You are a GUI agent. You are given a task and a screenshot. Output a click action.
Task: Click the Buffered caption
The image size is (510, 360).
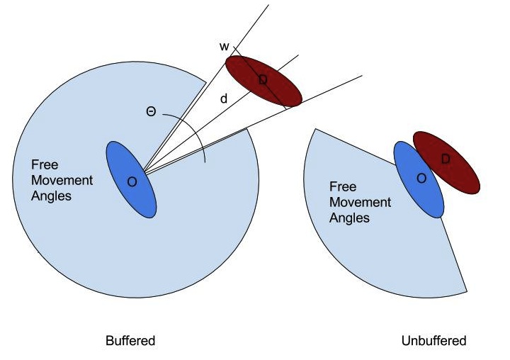130,341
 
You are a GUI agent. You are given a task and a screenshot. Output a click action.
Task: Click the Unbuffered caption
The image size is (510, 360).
433,341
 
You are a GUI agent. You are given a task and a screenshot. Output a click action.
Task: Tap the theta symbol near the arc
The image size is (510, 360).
151,112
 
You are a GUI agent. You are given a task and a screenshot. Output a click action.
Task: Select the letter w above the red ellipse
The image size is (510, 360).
224,47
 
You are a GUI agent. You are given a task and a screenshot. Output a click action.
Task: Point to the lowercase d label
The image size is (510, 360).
224,100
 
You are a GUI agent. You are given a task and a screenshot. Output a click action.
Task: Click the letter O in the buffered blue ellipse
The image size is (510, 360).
132,182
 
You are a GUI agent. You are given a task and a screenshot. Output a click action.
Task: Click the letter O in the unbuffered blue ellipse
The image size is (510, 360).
421,179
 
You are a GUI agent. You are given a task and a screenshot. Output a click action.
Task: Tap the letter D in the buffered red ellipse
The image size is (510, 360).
263,81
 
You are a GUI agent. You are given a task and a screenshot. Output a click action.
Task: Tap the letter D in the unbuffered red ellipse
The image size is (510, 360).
446,159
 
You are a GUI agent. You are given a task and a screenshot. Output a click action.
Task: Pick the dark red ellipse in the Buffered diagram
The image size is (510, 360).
263,81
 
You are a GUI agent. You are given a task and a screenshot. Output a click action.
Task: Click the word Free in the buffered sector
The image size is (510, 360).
44,165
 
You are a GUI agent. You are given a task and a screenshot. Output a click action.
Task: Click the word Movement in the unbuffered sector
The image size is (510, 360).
361,203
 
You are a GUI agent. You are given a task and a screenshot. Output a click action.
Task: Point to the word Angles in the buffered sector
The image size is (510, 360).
51,195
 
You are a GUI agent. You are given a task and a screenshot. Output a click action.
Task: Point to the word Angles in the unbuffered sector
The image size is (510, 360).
350,218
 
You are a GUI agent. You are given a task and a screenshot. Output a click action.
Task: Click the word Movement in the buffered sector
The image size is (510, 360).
62,180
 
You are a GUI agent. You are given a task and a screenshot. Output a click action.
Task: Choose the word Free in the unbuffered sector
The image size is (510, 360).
343,188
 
